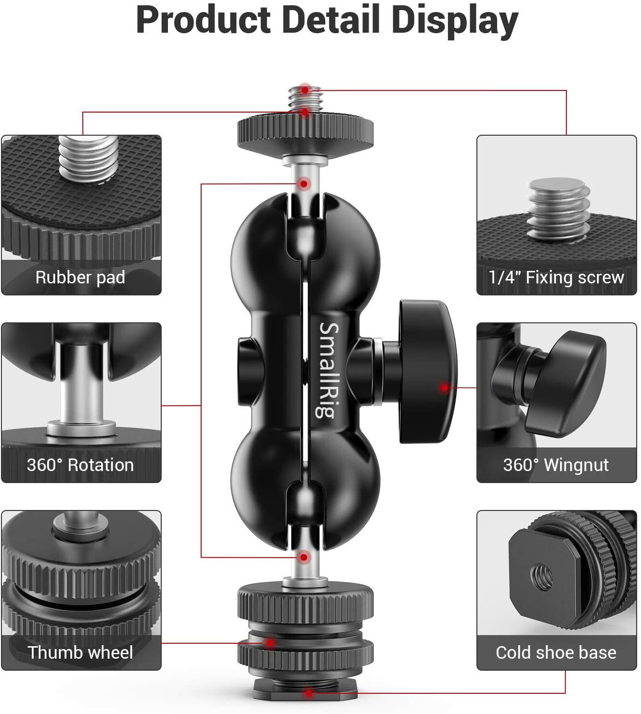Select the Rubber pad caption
point(80,277)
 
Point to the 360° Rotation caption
point(80,465)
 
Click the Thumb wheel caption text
point(80,652)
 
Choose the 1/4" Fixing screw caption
point(556,277)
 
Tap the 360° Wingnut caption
point(556,465)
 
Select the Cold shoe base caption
point(556,652)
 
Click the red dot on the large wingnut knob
point(445,387)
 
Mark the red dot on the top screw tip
point(305,89)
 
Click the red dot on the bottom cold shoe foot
point(309,693)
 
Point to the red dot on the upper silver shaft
point(304,183)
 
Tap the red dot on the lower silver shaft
point(304,558)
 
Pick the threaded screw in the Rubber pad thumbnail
point(88,156)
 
